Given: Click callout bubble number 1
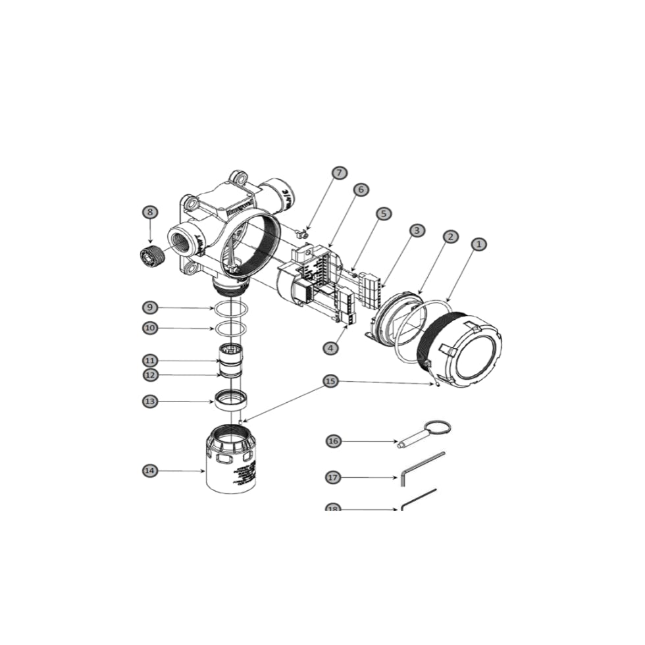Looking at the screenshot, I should [478, 244].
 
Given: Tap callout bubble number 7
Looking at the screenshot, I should [339, 173].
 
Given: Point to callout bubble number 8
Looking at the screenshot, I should [150, 212].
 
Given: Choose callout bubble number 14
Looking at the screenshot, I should [150, 471].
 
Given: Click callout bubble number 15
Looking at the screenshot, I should [330, 381].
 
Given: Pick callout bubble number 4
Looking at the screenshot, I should [330, 348].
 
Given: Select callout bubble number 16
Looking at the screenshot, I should [334, 441].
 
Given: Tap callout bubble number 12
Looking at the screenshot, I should [150, 375].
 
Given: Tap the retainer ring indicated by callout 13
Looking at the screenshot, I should [230, 398].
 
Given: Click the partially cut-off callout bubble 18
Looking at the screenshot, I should [334, 509].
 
